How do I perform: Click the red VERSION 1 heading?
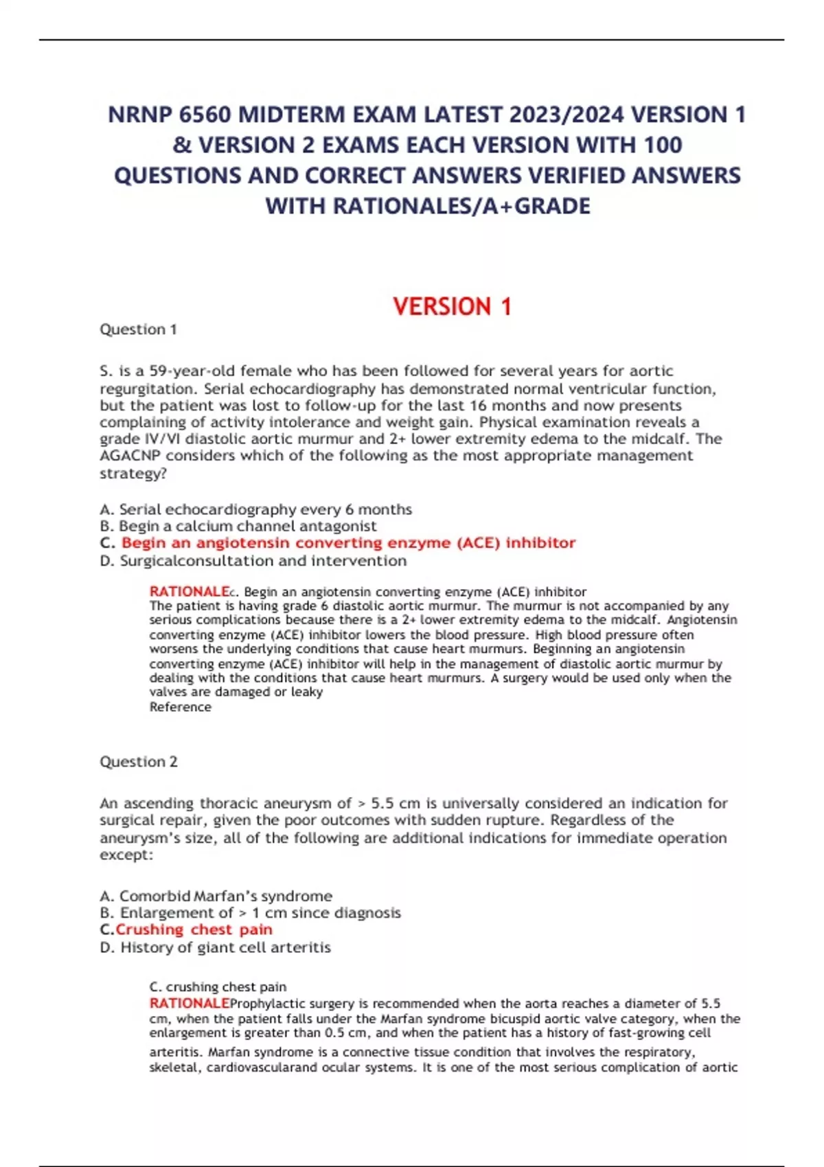click(452, 306)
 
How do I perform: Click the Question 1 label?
click(138, 330)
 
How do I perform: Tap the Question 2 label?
click(138, 762)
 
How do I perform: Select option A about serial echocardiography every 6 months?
click(255, 509)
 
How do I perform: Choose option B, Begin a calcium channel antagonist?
click(238, 527)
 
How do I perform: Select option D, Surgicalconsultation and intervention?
click(253, 561)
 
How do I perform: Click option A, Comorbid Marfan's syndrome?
click(216, 897)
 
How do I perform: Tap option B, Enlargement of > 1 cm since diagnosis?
click(250, 913)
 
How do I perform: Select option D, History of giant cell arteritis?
click(215, 947)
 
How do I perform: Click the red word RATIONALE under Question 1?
click(189, 592)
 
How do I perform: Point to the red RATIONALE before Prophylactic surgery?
click(189, 1004)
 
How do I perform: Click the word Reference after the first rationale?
click(180, 707)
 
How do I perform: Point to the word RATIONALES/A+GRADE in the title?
click(461, 206)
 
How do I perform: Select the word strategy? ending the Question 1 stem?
click(133, 474)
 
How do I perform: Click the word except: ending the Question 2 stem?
click(126, 855)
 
